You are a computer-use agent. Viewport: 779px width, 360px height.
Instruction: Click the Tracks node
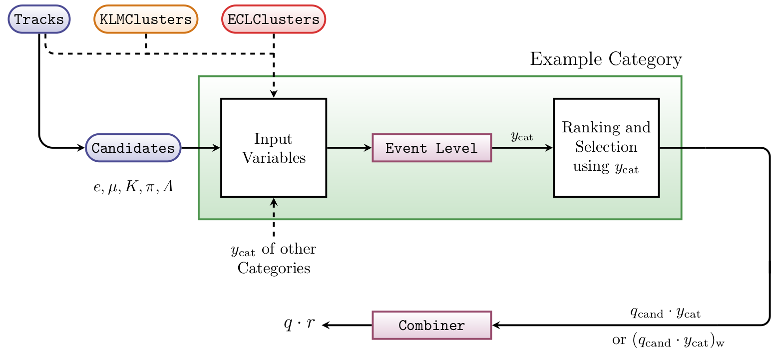click(39, 20)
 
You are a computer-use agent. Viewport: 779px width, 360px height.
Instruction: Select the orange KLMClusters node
click(146, 20)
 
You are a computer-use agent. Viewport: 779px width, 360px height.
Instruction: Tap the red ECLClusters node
click(274, 20)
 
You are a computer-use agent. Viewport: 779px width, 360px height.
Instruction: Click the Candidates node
click(133, 148)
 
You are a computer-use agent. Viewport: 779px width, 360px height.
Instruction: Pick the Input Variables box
click(274, 148)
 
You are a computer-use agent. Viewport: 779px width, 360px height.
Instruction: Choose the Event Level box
click(432, 148)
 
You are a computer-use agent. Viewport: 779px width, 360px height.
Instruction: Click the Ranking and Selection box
click(606, 147)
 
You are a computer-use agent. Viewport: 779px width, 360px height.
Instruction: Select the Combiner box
click(432, 326)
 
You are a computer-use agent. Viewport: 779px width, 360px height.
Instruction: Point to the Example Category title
click(605, 60)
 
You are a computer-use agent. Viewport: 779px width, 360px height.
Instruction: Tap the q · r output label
click(299, 324)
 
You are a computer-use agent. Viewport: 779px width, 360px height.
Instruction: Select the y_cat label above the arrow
click(522, 136)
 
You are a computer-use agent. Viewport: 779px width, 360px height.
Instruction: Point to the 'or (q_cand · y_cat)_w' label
click(668, 341)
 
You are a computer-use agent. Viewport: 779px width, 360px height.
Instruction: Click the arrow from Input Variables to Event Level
click(349, 148)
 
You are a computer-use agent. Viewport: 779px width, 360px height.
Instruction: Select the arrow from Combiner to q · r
click(347, 326)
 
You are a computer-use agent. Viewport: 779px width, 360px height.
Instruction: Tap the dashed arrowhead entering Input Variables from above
click(274, 94)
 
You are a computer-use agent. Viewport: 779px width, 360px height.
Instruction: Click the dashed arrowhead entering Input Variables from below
click(274, 202)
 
